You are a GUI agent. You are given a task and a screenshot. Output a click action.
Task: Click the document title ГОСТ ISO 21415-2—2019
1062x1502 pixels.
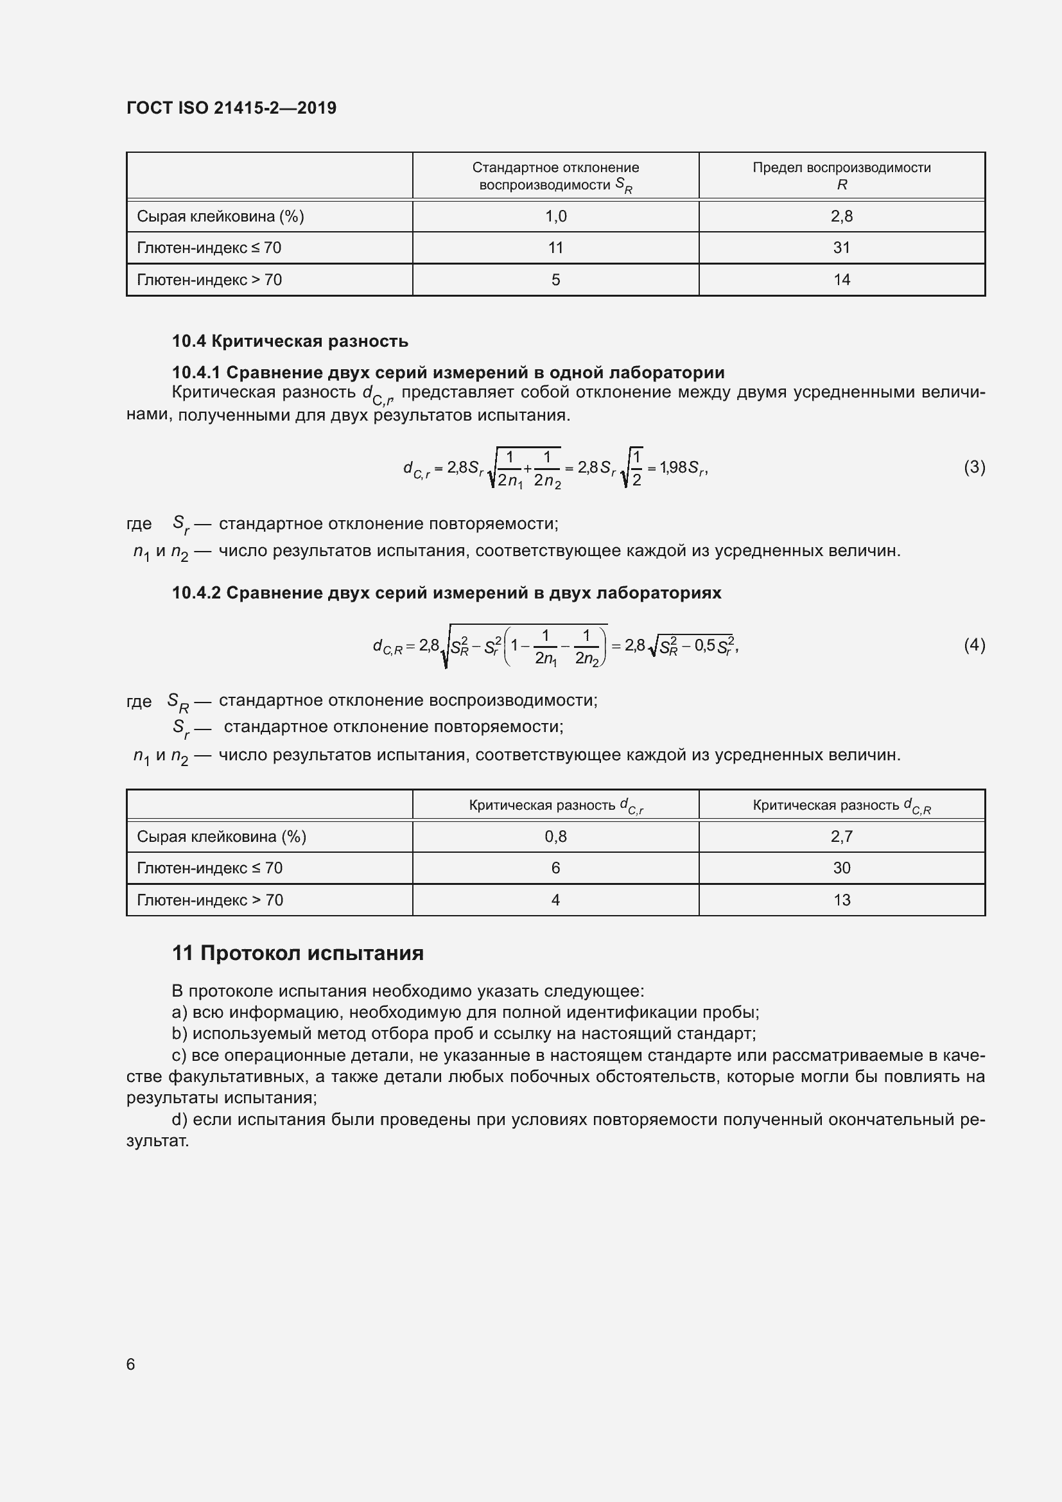tap(232, 108)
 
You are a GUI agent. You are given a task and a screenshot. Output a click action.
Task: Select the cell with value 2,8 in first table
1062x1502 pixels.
tap(841, 216)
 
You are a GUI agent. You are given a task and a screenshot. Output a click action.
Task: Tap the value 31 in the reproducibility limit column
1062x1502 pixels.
tap(841, 248)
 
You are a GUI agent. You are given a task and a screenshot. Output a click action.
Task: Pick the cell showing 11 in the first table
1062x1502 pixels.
tap(555, 248)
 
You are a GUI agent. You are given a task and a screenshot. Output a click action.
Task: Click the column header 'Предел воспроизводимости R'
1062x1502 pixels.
tap(841, 176)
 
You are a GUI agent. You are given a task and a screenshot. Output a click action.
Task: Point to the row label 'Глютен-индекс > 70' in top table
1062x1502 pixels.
tap(209, 280)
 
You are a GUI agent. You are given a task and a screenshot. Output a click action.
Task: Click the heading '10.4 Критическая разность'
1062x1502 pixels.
tap(290, 341)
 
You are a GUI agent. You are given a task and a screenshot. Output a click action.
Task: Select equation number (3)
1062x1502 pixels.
tap(974, 467)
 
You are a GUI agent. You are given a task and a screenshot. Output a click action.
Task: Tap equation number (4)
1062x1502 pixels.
tap(974, 645)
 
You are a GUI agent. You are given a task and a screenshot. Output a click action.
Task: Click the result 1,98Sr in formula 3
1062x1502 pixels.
tap(683, 467)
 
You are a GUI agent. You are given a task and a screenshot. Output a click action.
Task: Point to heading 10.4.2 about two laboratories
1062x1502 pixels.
tap(446, 593)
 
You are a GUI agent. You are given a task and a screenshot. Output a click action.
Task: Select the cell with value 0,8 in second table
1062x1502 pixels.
tap(555, 837)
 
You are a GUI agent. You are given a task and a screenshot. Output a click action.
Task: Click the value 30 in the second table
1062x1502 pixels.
tap(841, 868)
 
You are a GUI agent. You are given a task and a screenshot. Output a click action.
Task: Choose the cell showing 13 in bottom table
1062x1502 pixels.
tap(841, 900)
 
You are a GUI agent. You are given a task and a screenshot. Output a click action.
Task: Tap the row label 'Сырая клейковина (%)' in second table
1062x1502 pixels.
tap(221, 837)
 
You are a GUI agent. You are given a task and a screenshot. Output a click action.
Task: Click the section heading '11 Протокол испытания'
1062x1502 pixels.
tap(297, 953)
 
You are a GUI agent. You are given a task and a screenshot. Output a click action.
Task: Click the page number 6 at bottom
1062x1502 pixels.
tap(131, 1364)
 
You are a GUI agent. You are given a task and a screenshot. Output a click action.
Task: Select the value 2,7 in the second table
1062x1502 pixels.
tap(841, 837)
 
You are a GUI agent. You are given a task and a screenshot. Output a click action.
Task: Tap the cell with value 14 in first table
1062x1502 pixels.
tap(841, 280)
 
